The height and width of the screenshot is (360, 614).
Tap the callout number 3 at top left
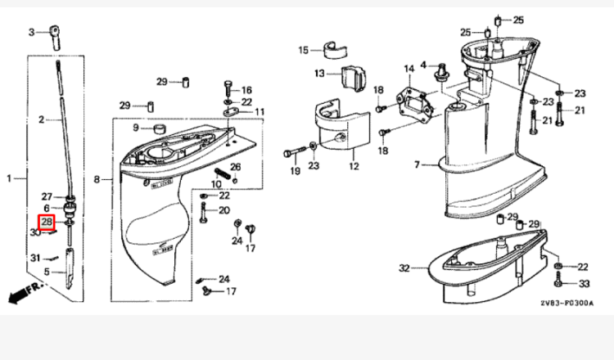32,33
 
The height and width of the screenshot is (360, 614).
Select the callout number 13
320,74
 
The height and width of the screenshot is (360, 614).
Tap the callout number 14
409,68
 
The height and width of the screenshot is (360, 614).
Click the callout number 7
416,165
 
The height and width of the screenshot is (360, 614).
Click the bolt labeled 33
559,282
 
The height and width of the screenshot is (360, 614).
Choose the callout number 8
97,179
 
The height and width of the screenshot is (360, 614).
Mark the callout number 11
260,111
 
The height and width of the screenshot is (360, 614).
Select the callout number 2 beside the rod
41,119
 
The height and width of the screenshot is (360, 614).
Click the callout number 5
46,272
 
